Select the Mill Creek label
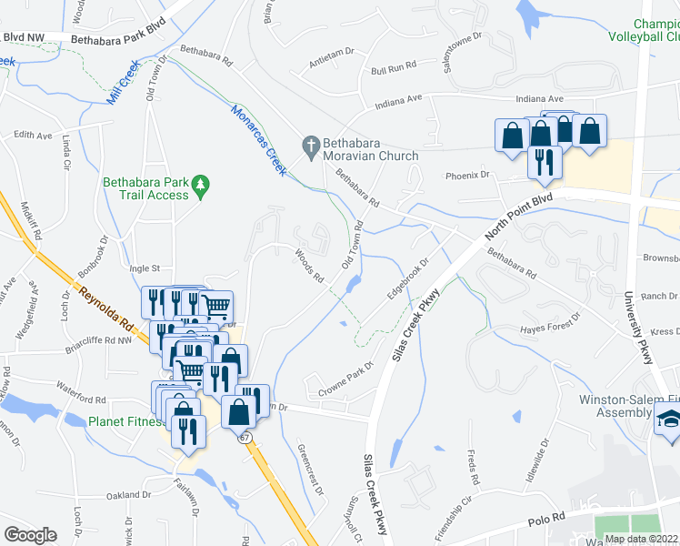click(122, 82)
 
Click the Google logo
click(30, 535)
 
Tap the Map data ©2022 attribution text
click(641, 539)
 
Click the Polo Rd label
click(545, 521)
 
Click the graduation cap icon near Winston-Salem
click(669, 420)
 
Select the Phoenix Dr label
click(467, 175)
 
